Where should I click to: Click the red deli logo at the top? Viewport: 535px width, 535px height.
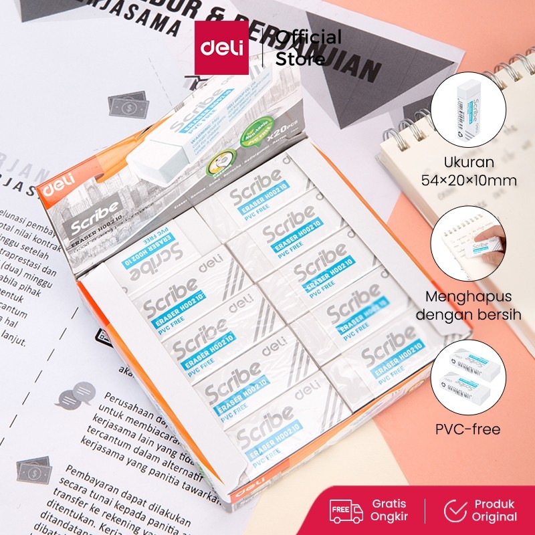(221, 47)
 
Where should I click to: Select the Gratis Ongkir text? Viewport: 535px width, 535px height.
(390, 510)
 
